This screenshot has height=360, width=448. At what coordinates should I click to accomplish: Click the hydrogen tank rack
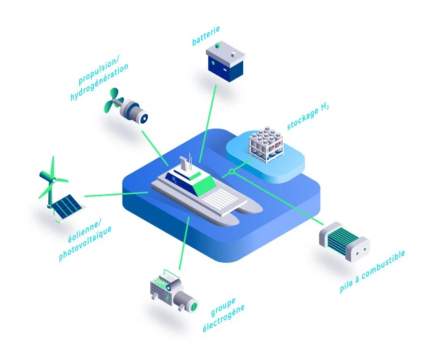point(266,145)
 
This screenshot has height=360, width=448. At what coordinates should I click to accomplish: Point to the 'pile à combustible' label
point(372,272)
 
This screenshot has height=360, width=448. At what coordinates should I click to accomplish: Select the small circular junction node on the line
point(232,172)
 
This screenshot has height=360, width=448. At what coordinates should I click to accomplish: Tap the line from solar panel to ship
point(116,194)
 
